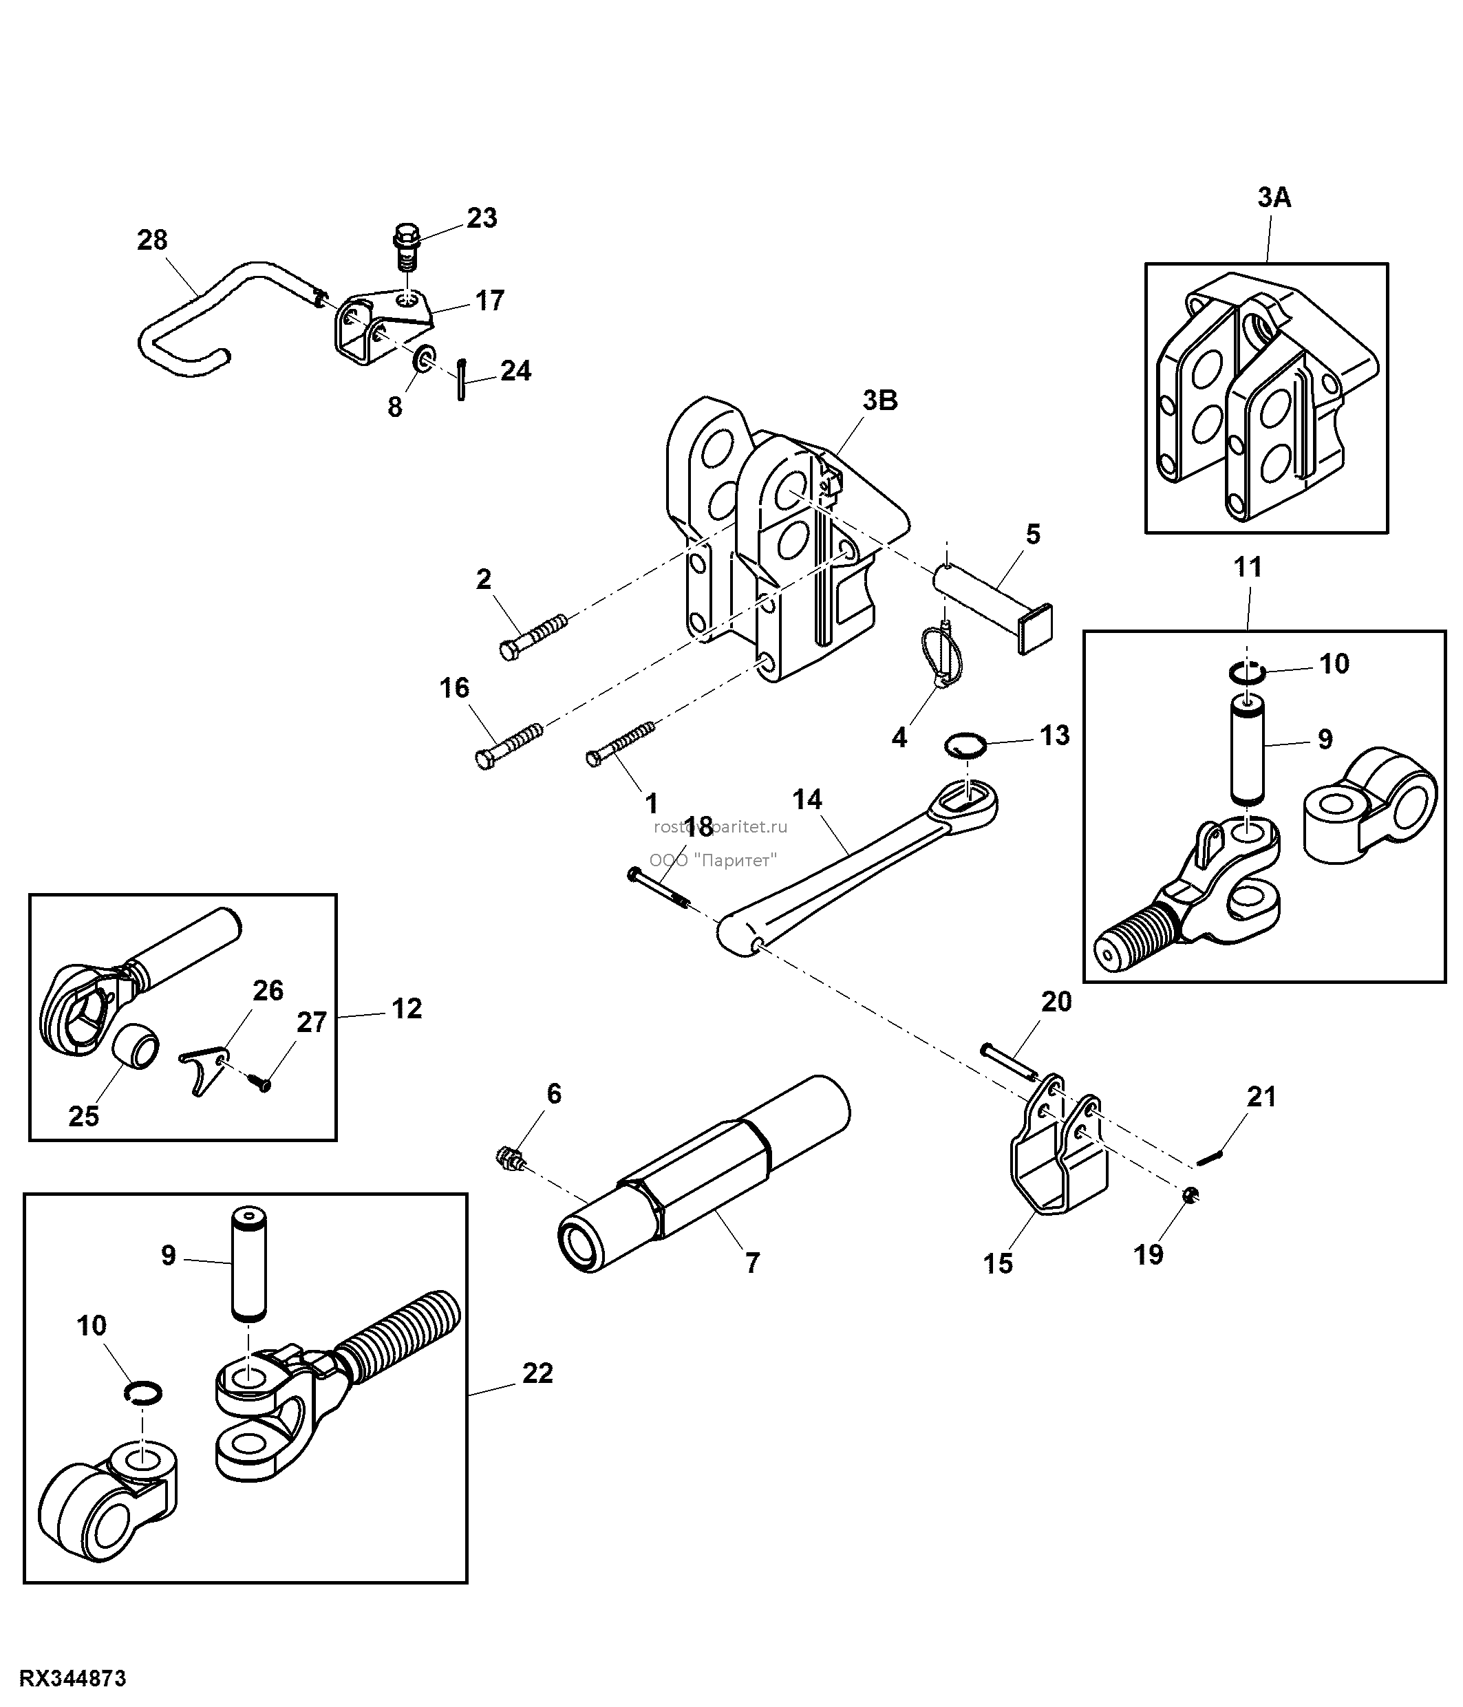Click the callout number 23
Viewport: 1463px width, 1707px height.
click(x=482, y=218)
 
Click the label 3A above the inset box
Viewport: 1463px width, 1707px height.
click(x=1274, y=197)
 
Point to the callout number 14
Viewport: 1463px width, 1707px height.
click(x=807, y=799)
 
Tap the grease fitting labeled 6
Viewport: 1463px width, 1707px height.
click(x=511, y=1161)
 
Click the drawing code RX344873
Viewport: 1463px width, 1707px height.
click(x=74, y=1679)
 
